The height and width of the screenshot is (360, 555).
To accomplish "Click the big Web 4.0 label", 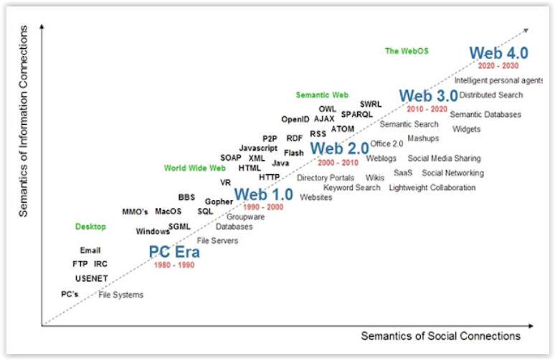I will [x=498, y=53].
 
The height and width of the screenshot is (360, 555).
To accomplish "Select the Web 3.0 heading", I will [x=428, y=96].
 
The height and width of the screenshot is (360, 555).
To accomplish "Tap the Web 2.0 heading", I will [x=339, y=149].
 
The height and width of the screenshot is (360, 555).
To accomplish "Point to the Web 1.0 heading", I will [x=263, y=194].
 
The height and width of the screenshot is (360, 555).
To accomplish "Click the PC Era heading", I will [x=174, y=252].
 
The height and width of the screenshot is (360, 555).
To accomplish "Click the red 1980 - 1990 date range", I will [x=174, y=265].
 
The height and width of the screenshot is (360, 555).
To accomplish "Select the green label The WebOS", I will [x=407, y=51].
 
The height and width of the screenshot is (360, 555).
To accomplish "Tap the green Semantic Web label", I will [x=322, y=95].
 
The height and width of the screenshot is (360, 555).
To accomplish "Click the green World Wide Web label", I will [x=194, y=169].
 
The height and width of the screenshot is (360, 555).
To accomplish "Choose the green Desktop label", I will [x=90, y=227].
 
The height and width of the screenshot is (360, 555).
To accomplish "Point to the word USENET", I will [x=91, y=278].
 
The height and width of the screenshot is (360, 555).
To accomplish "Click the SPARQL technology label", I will [x=357, y=114].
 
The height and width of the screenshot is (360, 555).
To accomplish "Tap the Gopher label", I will [x=219, y=202].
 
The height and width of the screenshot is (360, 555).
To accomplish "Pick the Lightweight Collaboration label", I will [x=432, y=188].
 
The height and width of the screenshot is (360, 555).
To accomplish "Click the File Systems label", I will [x=120, y=295].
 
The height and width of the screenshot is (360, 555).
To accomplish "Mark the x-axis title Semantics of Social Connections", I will [x=440, y=336].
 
